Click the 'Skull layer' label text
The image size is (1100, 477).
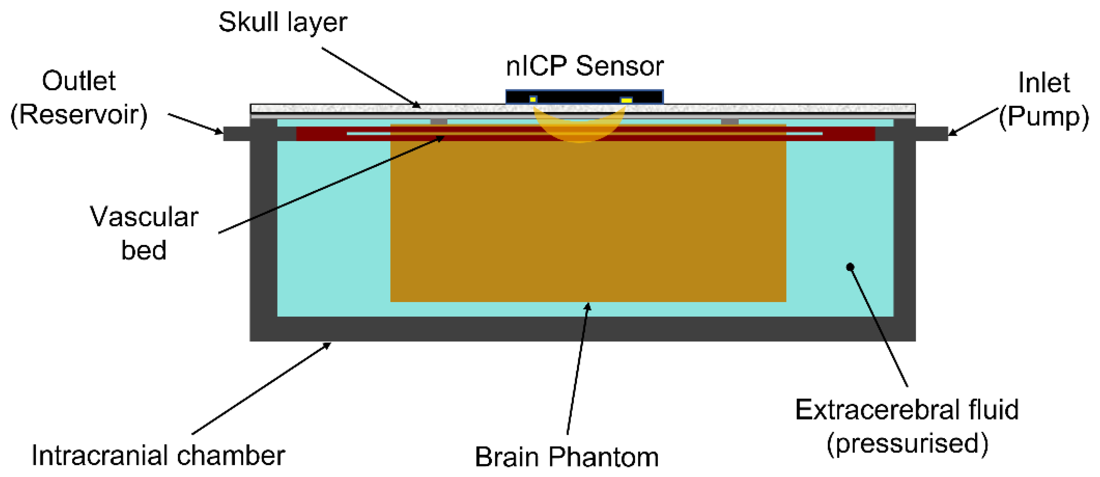point(282,22)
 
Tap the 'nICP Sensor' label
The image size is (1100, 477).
point(584,67)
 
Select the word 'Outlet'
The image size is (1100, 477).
point(79,81)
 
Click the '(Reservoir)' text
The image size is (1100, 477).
point(79,115)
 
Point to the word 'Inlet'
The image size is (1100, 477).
point(1044,82)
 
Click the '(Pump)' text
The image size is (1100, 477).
point(1044,117)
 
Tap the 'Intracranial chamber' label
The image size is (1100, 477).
point(158,456)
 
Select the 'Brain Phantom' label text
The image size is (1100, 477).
point(566,457)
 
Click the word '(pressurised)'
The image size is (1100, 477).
point(907,443)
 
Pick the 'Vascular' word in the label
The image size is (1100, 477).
point(144,217)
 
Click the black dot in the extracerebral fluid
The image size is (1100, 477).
point(850,267)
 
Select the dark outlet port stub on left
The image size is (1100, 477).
point(236,134)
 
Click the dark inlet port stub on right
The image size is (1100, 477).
point(931,134)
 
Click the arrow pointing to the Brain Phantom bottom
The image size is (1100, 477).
point(578,367)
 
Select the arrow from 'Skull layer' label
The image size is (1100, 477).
point(371,77)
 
